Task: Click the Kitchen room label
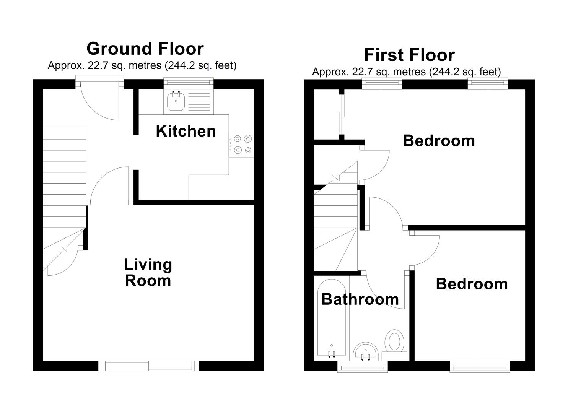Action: [186, 131]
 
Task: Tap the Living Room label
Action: [148, 273]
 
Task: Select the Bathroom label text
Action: [360, 299]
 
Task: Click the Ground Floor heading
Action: [145, 49]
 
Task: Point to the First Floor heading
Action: [410, 55]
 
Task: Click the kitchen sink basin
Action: [176, 101]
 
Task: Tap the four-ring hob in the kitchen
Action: [241, 145]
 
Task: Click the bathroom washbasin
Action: [366, 352]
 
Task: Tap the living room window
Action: [148, 366]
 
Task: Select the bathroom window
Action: [363, 367]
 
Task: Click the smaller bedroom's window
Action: [480, 367]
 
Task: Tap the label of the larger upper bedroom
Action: [439, 141]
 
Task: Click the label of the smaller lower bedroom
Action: [472, 284]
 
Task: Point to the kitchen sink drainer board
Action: [199, 102]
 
